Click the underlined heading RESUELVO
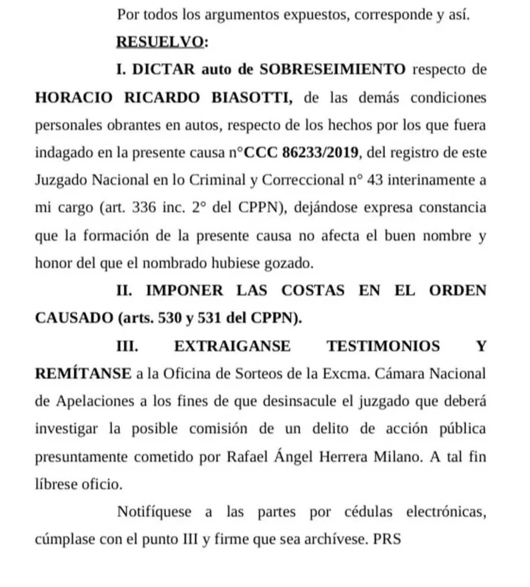point(160,42)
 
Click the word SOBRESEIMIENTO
point(332,69)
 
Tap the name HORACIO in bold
point(74,97)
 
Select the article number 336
point(144,208)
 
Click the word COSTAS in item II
point(313,291)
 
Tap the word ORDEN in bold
point(458,291)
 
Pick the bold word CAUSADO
point(74,318)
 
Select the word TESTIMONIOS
point(383,346)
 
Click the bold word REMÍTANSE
point(83,374)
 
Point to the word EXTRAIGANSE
point(232,346)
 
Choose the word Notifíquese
point(154,512)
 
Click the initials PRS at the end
point(387,540)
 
